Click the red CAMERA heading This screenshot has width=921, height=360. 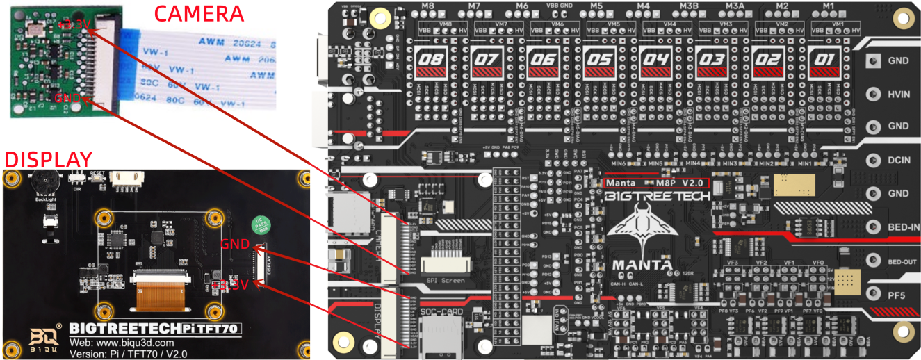[198, 13]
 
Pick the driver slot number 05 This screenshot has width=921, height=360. [598, 61]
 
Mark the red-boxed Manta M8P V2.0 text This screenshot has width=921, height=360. [656, 183]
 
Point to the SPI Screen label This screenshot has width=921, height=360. [443, 281]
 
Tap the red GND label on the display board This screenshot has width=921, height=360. [235, 245]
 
